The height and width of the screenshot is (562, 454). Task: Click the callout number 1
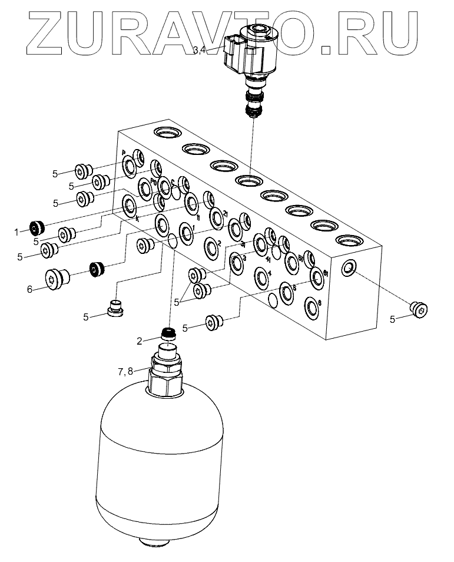[x=17, y=232]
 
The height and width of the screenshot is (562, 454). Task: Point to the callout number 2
[x=140, y=340]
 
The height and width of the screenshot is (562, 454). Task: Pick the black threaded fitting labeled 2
[x=169, y=335]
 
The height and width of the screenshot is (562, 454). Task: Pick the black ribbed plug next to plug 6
[x=97, y=270]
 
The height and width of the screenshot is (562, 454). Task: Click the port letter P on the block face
[x=124, y=152]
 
